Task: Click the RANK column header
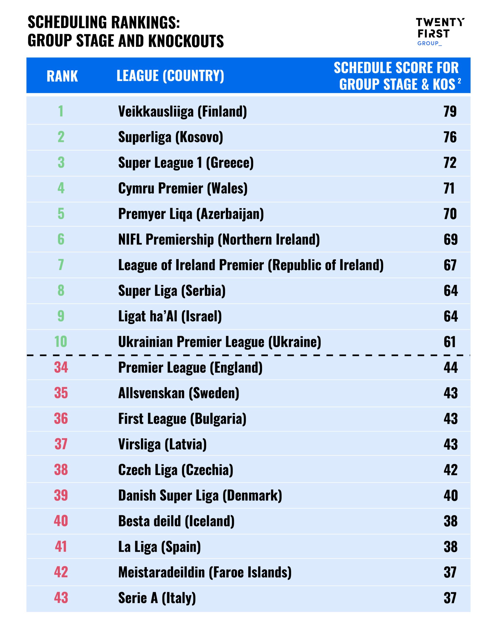point(62,76)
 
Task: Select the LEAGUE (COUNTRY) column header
point(170,76)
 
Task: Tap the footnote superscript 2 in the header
point(459,81)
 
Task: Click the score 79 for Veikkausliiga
point(450,111)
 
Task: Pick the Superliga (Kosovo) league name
point(171,137)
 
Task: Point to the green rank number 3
point(61,163)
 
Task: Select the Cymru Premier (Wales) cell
point(183,188)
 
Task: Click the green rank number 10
point(61,342)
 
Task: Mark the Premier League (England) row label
point(190,368)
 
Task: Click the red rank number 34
point(61,367)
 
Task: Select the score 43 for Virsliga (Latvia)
point(450,444)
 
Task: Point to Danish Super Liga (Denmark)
point(200,496)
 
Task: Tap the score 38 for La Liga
point(450,547)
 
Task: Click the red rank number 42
point(61,572)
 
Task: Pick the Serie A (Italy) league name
point(157,598)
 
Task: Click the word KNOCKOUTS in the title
point(186,41)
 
